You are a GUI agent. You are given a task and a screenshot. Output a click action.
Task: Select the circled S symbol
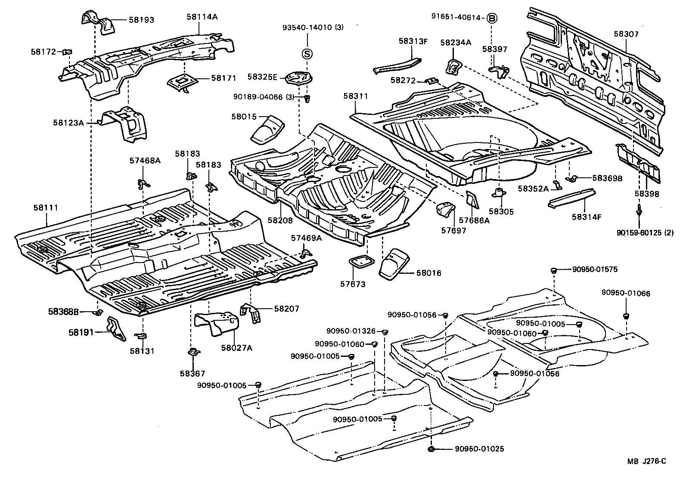307,54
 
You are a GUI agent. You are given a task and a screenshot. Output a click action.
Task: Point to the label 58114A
202,17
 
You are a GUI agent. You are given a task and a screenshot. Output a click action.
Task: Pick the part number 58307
626,34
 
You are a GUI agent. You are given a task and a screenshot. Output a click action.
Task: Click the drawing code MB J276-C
646,461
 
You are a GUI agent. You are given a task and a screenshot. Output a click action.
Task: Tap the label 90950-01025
479,449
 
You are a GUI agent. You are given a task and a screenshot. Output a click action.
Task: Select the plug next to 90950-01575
554,270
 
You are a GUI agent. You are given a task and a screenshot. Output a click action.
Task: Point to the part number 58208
279,220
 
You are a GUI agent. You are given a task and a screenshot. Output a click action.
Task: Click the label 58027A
237,348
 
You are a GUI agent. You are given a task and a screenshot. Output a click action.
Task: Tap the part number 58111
45,208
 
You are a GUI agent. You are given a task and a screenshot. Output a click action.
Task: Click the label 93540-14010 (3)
313,28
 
